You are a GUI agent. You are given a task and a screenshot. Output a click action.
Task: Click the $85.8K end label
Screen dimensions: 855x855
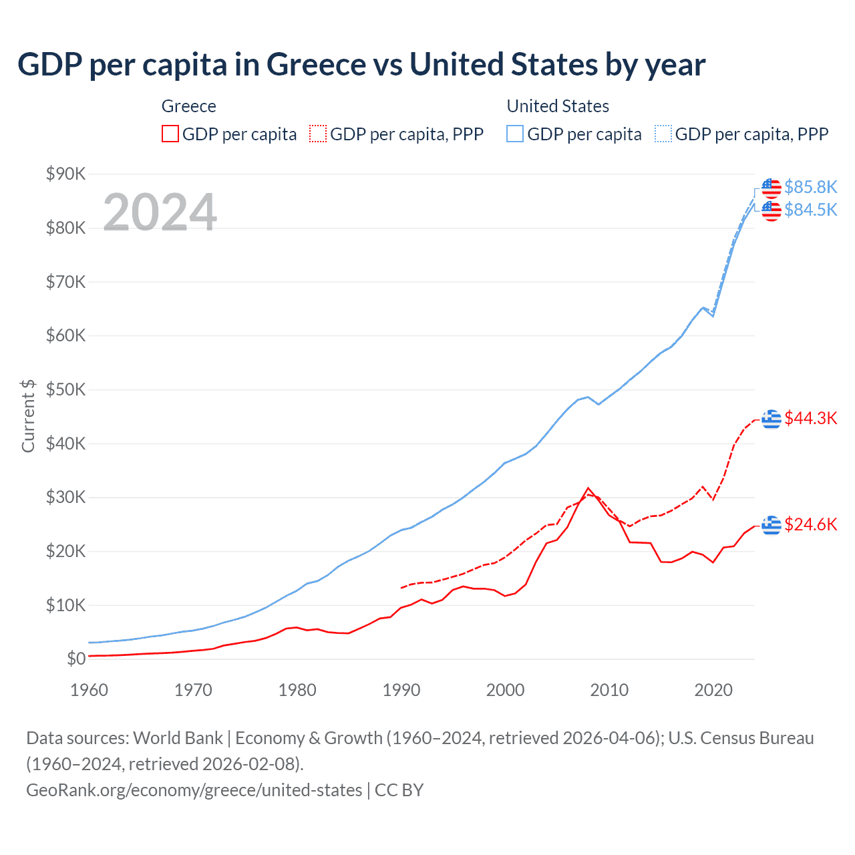click(810, 187)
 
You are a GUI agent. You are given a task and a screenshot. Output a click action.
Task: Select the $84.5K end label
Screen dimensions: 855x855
click(810, 210)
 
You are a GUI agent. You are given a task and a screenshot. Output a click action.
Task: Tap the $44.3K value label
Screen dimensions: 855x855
click(810, 418)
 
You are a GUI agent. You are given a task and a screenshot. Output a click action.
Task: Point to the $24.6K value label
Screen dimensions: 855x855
click(810, 524)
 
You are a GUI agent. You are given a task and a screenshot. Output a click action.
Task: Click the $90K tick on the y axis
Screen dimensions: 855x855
click(65, 174)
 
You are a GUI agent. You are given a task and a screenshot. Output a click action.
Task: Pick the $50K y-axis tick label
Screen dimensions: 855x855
click(65, 390)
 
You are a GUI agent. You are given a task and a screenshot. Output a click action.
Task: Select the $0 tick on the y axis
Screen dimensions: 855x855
click(76, 659)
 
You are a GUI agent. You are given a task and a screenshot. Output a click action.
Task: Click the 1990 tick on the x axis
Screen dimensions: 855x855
click(401, 690)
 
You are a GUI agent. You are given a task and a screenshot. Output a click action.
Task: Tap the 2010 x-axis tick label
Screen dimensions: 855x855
click(609, 690)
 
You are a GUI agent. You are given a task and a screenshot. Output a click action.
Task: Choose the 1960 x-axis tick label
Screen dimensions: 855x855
click(89, 690)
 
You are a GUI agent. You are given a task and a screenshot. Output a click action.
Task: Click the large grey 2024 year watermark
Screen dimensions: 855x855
click(160, 212)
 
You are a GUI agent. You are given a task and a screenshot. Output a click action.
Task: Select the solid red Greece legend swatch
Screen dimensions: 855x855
click(170, 134)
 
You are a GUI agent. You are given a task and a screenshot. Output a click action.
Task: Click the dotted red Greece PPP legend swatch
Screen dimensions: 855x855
click(318, 134)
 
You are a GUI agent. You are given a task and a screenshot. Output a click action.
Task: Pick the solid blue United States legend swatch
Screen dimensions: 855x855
click(515, 134)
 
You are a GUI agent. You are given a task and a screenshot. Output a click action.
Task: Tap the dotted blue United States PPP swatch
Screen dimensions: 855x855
click(663, 134)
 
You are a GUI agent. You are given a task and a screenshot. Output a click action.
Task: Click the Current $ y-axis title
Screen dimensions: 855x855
click(28, 416)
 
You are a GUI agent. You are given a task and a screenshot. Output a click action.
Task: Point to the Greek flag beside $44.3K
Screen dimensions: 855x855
click(772, 419)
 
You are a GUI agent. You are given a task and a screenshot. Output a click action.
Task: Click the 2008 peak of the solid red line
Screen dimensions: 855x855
click(588, 488)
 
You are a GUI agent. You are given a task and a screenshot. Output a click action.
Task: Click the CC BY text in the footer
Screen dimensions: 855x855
click(399, 790)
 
